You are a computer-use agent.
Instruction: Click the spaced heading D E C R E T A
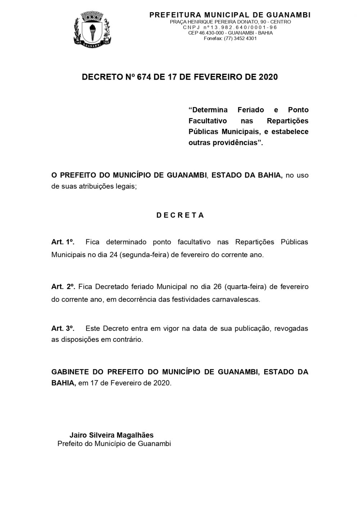click(180, 215)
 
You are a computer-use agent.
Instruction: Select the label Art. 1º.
click(63, 242)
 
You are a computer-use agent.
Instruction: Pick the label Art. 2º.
click(63, 287)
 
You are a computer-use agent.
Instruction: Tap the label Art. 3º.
click(63, 329)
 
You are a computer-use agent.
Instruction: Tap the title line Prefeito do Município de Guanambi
click(114, 443)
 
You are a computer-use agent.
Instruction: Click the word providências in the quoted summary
click(235, 142)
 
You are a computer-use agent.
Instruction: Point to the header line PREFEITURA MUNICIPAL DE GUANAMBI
click(230, 15)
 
